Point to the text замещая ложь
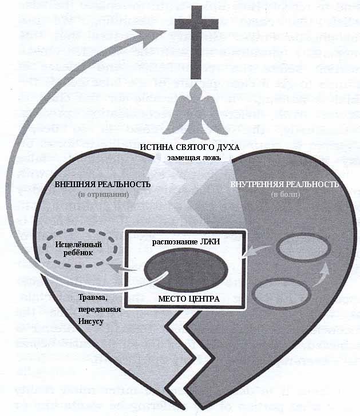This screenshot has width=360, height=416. pos(191,157)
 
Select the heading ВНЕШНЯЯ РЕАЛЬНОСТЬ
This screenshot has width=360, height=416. pos(104,185)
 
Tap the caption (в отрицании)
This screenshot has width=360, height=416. pos(104,195)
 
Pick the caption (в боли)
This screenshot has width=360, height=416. pos(284,195)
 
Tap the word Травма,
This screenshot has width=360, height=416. pos(94,298)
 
